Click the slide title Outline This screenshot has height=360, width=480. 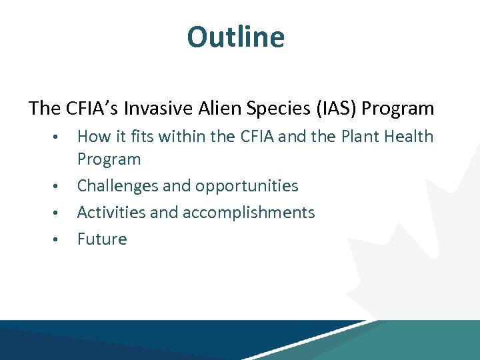click(x=235, y=37)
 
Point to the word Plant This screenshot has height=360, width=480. click(x=359, y=137)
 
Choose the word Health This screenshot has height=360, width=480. click(x=409, y=137)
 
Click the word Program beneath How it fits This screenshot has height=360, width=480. click(x=109, y=159)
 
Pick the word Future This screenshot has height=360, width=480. click(x=102, y=239)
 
